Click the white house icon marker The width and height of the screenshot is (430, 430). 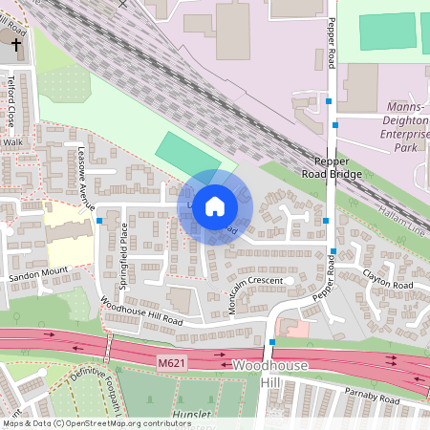point(215,205)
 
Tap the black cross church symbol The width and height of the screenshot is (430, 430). point(16,44)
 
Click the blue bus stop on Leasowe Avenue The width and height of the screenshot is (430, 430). point(99,221)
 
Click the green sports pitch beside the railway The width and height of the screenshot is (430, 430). point(185,152)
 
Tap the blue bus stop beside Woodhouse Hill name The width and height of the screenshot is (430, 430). point(272,341)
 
